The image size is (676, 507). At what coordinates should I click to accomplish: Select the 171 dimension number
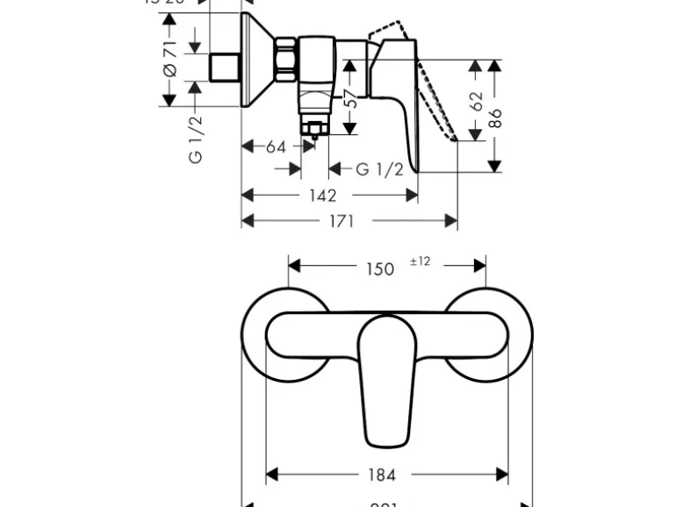(341, 221)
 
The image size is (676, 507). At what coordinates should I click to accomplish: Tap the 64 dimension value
(276, 146)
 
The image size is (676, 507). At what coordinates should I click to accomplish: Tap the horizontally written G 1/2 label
(379, 169)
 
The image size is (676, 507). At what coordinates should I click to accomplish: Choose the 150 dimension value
(379, 268)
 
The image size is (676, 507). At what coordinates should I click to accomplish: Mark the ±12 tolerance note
(420, 262)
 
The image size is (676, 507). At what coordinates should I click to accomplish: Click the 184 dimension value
(381, 475)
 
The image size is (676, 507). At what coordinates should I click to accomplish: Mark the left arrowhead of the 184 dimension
(271, 475)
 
